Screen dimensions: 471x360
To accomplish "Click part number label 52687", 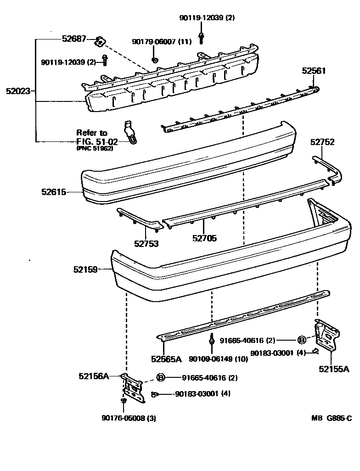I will click(74, 40).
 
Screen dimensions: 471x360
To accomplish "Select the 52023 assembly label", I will click(18, 91).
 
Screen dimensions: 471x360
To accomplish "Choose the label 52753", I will click(146, 243).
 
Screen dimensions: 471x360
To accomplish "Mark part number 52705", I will click(204, 238).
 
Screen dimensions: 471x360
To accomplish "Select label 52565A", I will click(166, 359).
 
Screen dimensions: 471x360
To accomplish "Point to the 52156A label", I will click(93, 376).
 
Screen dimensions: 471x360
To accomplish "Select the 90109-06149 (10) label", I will click(218, 359).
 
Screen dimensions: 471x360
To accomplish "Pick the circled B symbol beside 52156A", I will click(161, 378).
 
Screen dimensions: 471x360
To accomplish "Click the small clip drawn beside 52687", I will click(99, 42).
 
